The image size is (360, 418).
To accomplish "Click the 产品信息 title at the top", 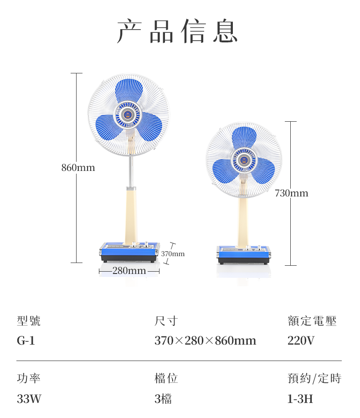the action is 178,31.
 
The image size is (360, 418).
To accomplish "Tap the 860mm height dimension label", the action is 78,168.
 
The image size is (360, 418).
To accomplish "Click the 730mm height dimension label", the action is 292,193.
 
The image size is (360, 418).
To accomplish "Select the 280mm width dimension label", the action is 129,271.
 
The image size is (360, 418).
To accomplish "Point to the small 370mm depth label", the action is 173,253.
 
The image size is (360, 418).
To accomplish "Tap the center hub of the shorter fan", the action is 244,160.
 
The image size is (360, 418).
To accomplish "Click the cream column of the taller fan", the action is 131,214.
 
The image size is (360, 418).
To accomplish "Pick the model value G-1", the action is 26,341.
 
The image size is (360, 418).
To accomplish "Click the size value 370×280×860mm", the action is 205,341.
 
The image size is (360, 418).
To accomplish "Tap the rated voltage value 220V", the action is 301,341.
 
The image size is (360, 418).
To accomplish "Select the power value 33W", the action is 29,399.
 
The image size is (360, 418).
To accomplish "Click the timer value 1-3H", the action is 300,399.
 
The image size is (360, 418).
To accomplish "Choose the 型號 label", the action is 29,321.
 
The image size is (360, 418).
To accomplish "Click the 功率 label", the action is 29,378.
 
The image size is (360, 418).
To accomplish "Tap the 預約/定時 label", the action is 314,378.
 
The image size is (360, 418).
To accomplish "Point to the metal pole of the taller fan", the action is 131,171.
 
